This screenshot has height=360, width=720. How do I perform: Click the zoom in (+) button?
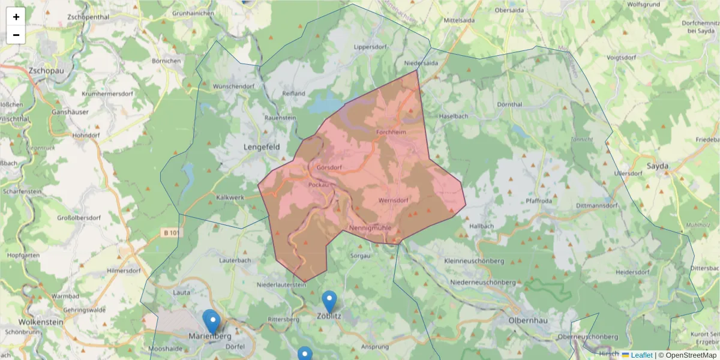coord(16,17)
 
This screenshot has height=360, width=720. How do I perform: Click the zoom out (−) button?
coord(16,35)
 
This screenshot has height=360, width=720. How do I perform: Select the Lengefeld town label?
coord(262,146)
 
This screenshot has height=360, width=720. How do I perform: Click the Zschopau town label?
coord(46,70)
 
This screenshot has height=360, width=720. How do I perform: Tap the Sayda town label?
coord(658,166)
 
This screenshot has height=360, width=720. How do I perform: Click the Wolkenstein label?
coord(41,322)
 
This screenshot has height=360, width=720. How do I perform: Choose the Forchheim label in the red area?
coord(391,132)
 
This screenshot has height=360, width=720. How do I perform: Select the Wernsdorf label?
coord(394,200)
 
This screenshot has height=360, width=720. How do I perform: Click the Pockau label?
coord(319,185)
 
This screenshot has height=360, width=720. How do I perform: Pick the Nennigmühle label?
coord(370,228)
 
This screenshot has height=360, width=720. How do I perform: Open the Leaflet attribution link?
coord(641,355)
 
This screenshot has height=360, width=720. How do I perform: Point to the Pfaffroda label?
coord(539,201)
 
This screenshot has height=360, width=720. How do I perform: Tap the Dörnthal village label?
coord(511,104)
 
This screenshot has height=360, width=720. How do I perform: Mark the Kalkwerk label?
coord(230,197)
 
